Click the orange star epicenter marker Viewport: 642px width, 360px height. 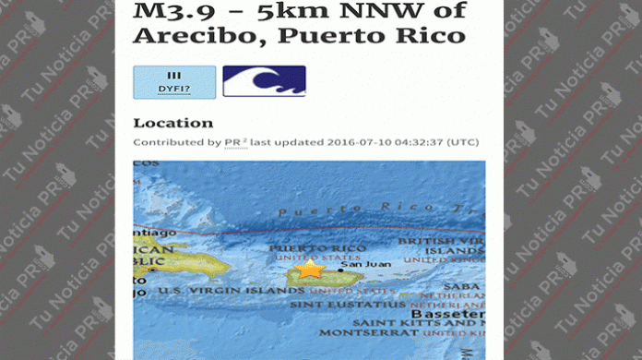tap(311, 270)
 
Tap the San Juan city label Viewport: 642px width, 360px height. tap(359, 265)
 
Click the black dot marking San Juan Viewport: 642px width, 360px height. tap(340, 270)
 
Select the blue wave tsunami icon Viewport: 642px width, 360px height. tap(264, 81)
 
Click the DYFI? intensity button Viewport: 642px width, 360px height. tap(174, 82)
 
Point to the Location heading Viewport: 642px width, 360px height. tap(172, 123)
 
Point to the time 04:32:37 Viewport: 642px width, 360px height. tap(422, 142)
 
